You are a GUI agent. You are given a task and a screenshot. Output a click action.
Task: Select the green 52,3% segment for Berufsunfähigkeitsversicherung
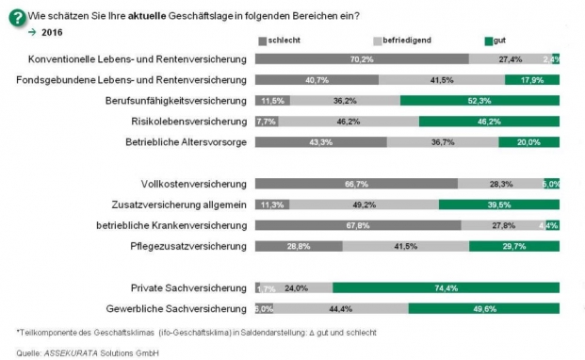pyautogui.click(x=479, y=100)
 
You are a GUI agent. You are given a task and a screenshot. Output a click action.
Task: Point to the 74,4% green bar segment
pyautogui.click(x=447, y=287)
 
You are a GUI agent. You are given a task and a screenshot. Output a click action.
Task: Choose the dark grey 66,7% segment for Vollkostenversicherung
pyautogui.click(x=356, y=184)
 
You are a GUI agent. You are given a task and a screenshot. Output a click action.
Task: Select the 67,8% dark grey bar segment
pyautogui.click(x=358, y=225)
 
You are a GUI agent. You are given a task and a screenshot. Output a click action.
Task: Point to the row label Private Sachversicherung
pyautogui.click(x=189, y=287)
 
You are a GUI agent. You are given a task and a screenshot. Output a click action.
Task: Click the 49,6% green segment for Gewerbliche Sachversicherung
pyautogui.click(x=484, y=308)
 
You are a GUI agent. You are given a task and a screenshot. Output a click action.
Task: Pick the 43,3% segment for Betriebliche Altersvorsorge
pyautogui.click(x=320, y=141)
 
